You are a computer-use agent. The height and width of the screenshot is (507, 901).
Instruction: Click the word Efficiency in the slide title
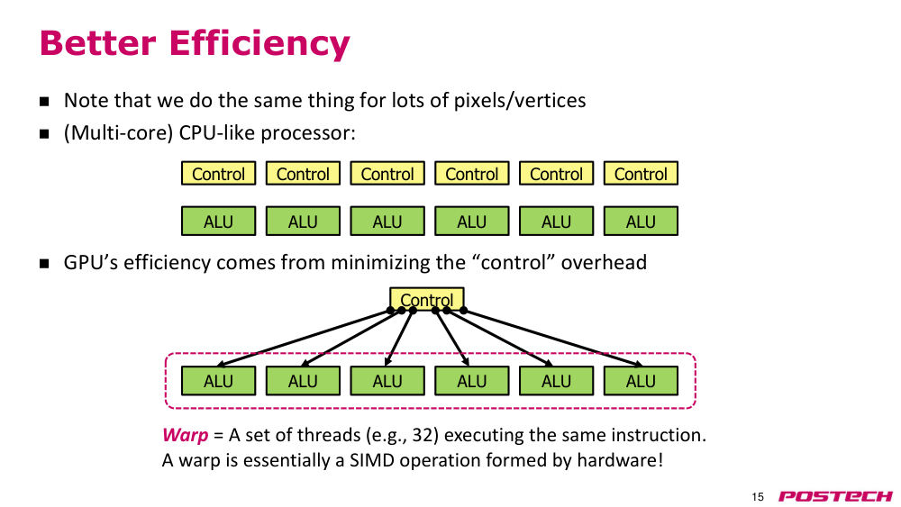[x=259, y=43]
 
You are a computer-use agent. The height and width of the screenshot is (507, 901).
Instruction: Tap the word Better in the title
[x=97, y=42]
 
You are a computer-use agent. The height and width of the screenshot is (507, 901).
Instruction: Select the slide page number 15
[x=758, y=497]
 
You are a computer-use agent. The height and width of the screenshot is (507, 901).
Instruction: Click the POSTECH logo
[x=835, y=496]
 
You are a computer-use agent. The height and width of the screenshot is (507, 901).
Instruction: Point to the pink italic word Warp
[x=185, y=435]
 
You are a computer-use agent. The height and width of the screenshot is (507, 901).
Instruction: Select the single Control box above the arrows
[x=427, y=299]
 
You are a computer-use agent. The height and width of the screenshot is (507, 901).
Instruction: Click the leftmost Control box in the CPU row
[x=218, y=174]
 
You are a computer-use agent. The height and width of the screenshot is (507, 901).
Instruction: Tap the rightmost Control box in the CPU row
[x=641, y=174]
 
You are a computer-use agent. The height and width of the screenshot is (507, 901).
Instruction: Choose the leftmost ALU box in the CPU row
[x=218, y=221]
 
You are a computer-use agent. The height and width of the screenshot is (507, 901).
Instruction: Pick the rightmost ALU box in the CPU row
[x=641, y=221]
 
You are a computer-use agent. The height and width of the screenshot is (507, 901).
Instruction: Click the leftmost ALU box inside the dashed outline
[x=218, y=381]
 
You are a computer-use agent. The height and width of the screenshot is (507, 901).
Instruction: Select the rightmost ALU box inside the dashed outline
[x=641, y=381]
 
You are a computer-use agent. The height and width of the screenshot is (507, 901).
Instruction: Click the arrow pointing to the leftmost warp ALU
[x=304, y=339]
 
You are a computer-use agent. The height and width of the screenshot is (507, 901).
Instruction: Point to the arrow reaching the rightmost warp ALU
[x=553, y=339]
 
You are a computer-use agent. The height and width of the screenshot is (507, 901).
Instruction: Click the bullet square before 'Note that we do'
[x=44, y=102]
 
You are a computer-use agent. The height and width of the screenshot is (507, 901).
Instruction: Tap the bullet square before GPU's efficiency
[x=44, y=264]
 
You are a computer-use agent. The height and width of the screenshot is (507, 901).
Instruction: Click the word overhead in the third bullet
[x=604, y=262]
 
